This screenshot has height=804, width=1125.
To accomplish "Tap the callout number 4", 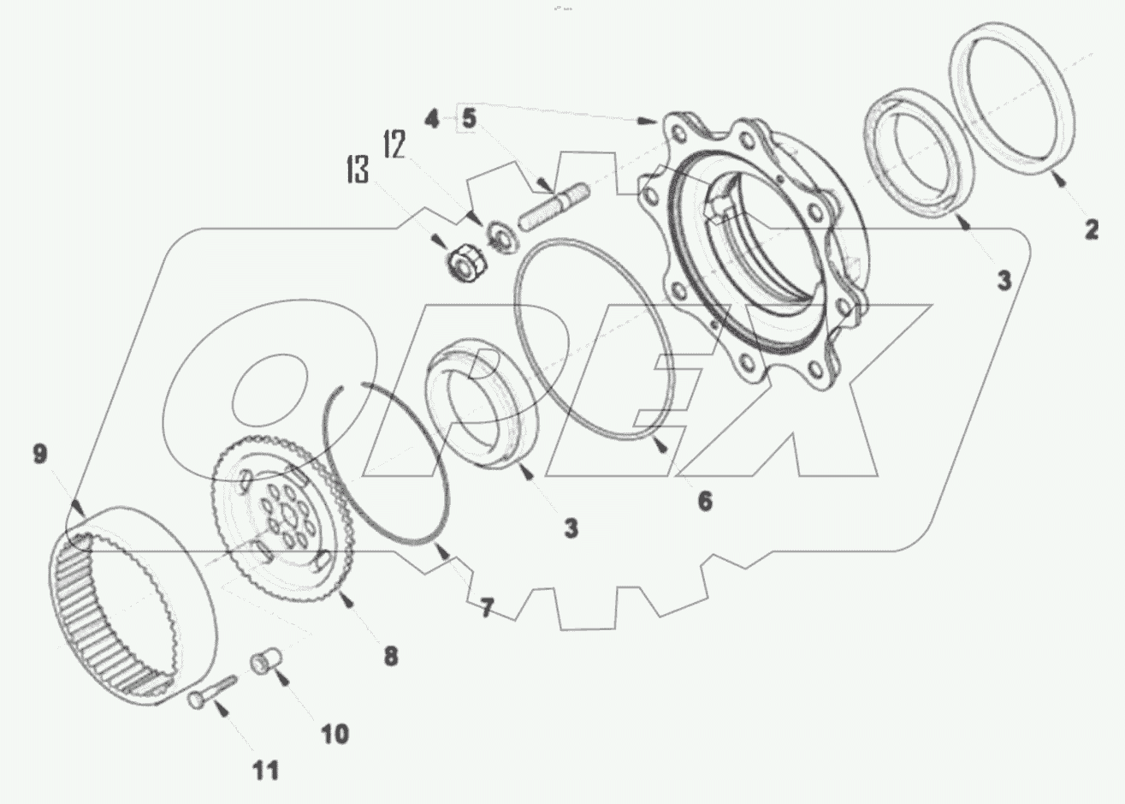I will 433,118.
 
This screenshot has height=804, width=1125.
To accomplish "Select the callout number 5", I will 469,118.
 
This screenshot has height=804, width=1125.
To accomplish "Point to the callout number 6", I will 704,500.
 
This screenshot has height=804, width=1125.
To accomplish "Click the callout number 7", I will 486,608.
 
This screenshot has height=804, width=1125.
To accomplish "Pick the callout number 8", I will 390,656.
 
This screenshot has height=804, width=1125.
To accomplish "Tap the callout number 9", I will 40,454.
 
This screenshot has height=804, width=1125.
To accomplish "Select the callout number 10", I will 335,733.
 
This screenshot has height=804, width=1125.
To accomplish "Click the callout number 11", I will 266,770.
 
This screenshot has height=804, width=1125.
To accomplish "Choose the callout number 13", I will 358,170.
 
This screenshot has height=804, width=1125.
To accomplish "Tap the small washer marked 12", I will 498,235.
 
